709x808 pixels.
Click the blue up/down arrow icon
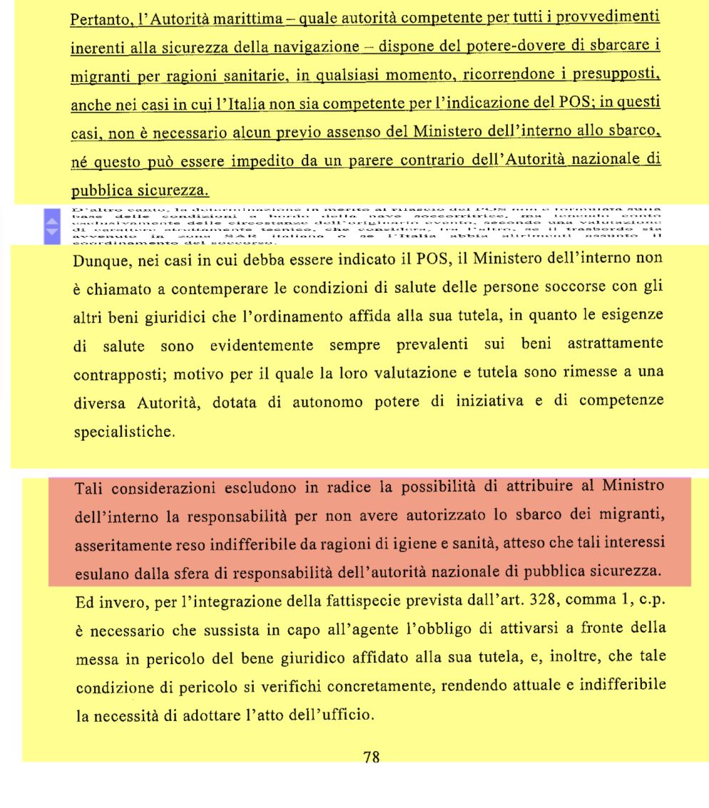coord(51,226)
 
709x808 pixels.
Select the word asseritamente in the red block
coord(124,546)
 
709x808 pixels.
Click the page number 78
coord(371,758)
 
